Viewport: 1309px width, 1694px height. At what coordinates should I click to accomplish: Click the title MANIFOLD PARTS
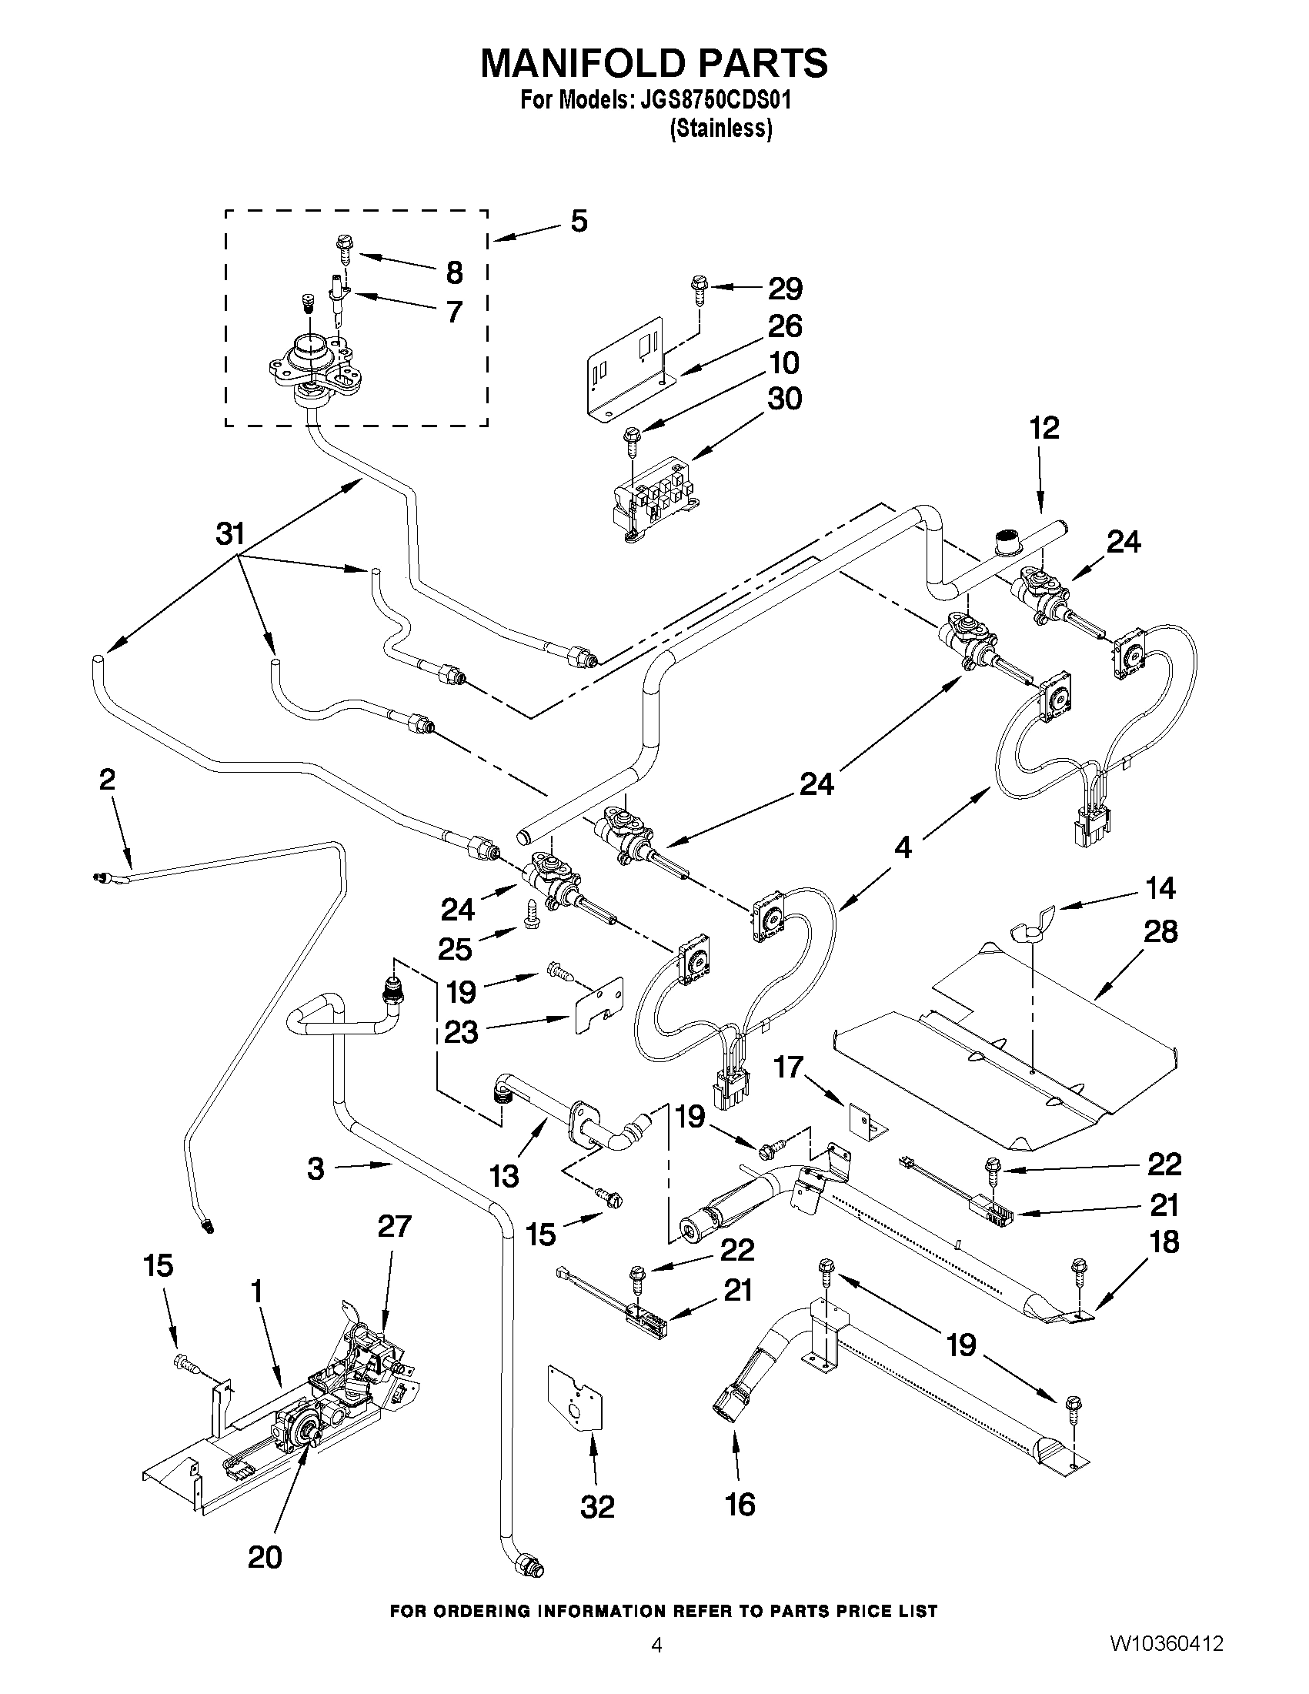(653, 63)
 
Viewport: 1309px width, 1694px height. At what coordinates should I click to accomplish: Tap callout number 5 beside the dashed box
(579, 222)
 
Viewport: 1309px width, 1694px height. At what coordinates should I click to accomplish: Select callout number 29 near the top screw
(784, 289)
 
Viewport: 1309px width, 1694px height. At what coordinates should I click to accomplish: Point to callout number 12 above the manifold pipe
(1044, 427)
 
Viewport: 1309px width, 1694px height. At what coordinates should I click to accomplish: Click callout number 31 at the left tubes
(229, 533)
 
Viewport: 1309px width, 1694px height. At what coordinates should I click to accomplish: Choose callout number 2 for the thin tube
(107, 779)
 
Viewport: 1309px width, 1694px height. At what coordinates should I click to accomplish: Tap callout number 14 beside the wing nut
(1160, 887)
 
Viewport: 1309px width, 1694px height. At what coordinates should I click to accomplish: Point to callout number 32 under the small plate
(596, 1505)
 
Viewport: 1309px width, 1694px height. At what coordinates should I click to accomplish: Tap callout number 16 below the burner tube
(740, 1503)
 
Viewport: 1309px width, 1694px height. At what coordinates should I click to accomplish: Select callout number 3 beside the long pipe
(315, 1168)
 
